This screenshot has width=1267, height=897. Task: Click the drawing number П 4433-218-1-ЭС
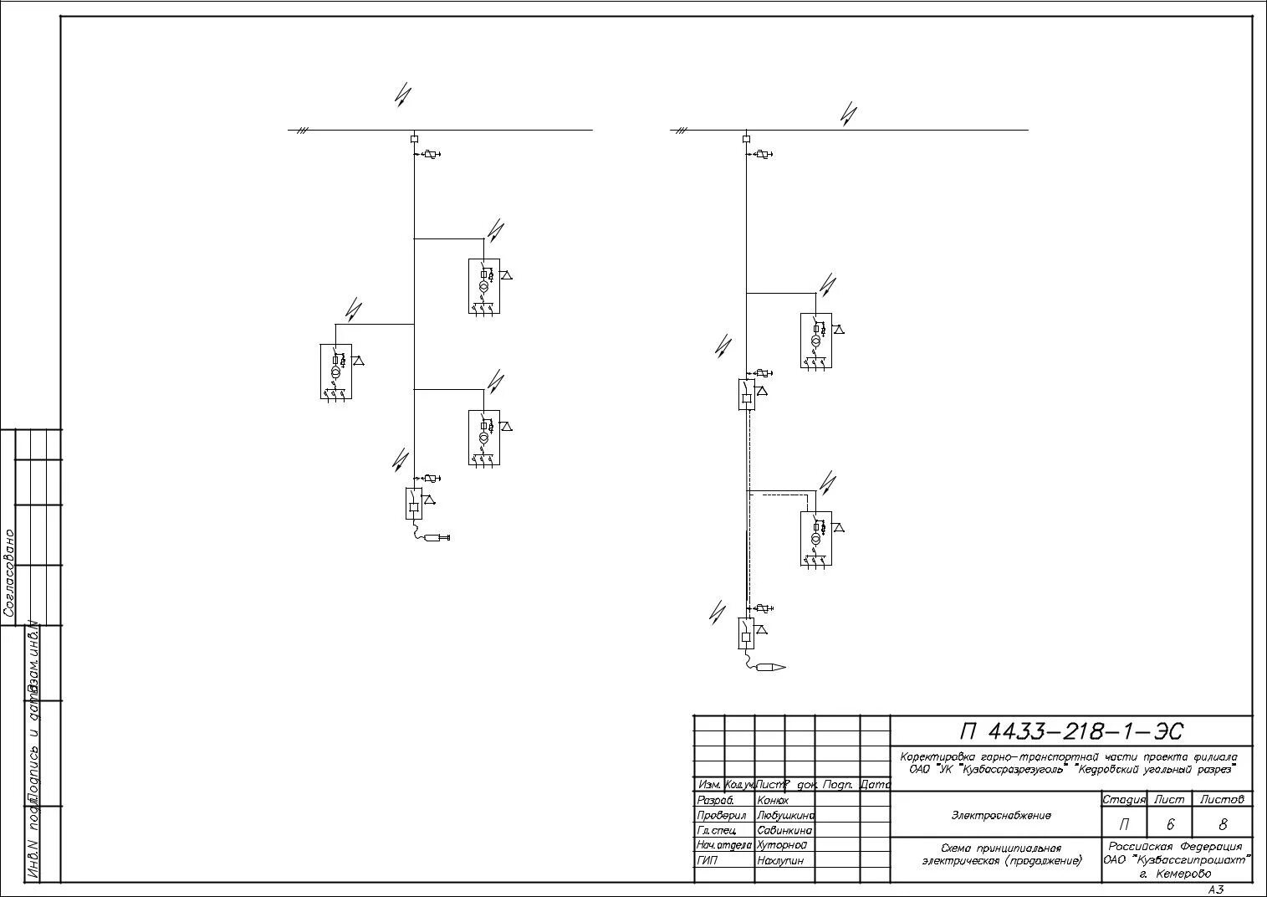point(1071,731)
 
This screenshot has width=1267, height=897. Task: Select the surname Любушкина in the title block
point(784,815)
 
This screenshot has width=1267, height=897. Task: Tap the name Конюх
point(773,800)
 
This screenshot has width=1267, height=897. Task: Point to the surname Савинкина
point(784,830)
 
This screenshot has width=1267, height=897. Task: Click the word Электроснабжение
point(1000,815)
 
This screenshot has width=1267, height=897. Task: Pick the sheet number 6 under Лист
point(1170,824)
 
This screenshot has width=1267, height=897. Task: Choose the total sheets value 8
point(1224,824)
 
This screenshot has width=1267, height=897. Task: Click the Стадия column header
point(1123,800)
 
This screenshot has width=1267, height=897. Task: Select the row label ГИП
point(707,860)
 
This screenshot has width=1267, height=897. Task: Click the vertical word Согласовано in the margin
point(9,572)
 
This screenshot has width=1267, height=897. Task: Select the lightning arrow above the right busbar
point(848,114)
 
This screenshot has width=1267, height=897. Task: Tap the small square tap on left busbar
point(414,138)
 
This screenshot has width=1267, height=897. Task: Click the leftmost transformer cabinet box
point(335,371)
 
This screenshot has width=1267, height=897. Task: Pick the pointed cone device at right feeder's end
point(770,667)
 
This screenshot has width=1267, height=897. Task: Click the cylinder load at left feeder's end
point(437,537)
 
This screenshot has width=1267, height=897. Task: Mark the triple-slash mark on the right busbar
point(682,131)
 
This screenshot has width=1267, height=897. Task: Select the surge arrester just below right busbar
point(762,154)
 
